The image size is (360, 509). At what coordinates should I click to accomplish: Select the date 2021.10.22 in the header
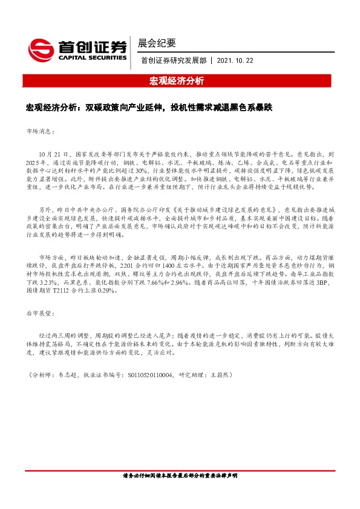tap(235, 60)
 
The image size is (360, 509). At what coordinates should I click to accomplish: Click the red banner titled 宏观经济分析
tap(180, 81)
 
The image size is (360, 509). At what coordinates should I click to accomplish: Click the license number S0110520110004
tap(148, 375)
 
